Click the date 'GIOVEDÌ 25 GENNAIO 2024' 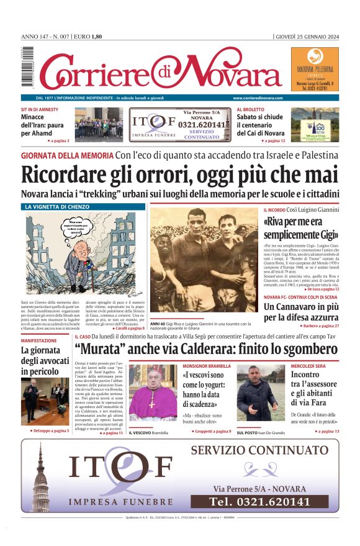pyautogui.click(x=307, y=36)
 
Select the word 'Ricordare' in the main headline pyautogui.click(x=69, y=176)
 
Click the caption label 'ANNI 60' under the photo pyautogui.click(x=157, y=324)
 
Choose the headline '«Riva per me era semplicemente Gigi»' pyautogui.click(x=300, y=229)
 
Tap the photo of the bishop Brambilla pyautogui.click(x=153, y=394)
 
